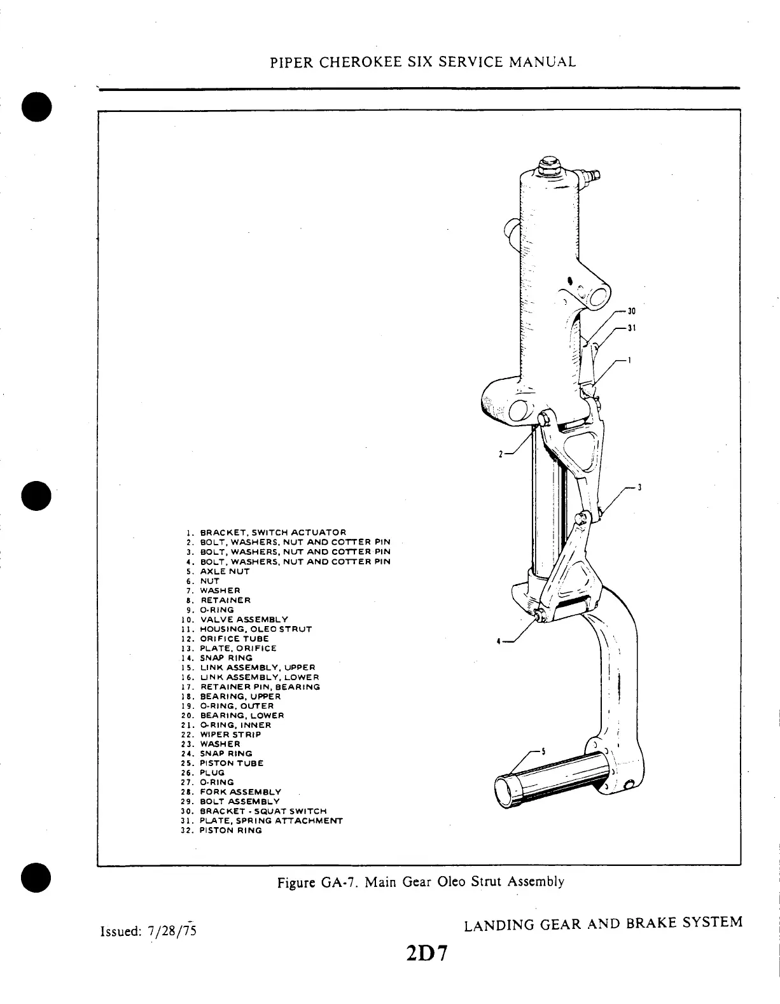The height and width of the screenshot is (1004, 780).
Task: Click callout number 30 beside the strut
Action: click(x=632, y=312)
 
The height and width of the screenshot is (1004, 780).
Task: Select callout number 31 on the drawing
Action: click(x=632, y=328)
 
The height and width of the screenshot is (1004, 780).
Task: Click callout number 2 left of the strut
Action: click(x=501, y=454)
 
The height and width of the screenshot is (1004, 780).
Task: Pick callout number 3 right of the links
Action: click(x=639, y=487)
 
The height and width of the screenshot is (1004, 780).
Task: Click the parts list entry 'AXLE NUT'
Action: click(x=225, y=571)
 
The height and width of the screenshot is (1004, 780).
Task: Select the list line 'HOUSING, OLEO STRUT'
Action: click(x=256, y=629)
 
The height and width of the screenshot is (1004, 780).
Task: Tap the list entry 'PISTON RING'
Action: click(x=230, y=830)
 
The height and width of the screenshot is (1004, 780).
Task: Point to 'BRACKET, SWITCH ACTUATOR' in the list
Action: click(x=273, y=532)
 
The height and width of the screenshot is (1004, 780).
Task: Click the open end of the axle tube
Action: click(x=508, y=792)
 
